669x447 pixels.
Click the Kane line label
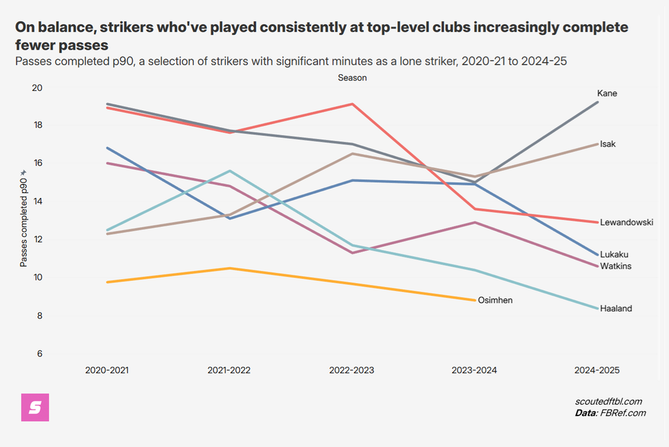tap(607, 93)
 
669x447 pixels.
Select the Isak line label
tap(607, 144)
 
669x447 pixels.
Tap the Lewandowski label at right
tap(626, 222)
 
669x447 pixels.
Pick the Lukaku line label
tap(614, 254)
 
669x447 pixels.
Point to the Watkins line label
tap(615, 266)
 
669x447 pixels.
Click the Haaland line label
tap(615, 308)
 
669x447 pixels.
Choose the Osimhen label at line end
tap(496, 300)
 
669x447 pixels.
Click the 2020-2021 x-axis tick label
tap(107, 370)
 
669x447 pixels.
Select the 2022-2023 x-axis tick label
tap(352, 370)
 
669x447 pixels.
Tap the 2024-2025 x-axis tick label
tap(597, 370)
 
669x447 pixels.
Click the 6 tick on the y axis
tap(39, 353)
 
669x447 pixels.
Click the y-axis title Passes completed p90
tap(24, 217)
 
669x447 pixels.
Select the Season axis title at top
tap(352, 78)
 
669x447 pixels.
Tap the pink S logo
tap(35, 408)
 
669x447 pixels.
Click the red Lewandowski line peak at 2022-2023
tap(352, 104)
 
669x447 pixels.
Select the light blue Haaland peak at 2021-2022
tap(229, 171)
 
